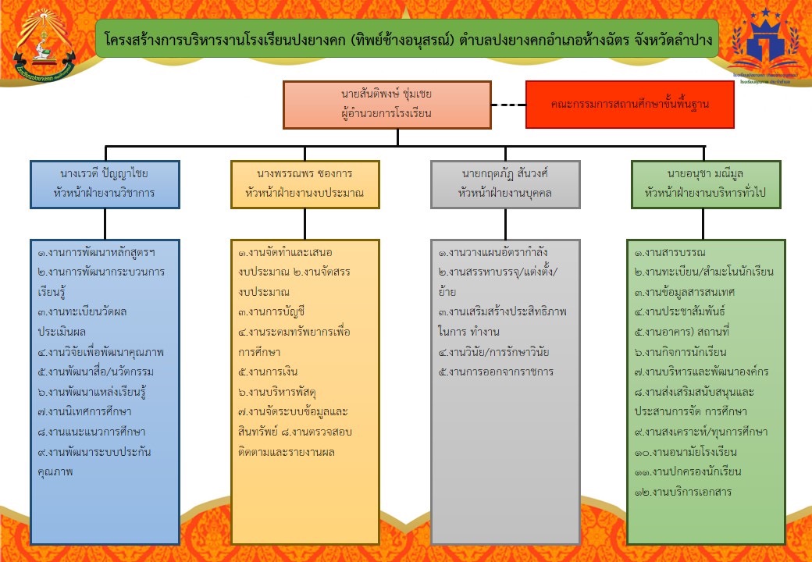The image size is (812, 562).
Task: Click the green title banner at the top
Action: (x=406, y=39)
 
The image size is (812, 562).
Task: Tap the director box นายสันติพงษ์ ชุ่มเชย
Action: (x=386, y=105)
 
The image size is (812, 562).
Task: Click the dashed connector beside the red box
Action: (x=508, y=105)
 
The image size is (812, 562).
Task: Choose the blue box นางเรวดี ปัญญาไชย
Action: (x=105, y=184)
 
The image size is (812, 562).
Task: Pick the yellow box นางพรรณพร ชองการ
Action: (x=305, y=184)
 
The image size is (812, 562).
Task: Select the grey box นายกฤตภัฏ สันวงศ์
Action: (x=505, y=184)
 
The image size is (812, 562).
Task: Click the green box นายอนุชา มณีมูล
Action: (x=705, y=184)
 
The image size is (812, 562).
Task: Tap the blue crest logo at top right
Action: (x=765, y=43)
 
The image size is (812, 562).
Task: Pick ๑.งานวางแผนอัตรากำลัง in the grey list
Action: (x=493, y=252)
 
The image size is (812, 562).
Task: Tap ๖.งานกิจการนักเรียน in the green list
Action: (x=682, y=352)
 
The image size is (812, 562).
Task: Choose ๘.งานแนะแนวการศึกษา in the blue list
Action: (x=91, y=432)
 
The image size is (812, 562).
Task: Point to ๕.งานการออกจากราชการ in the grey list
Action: (x=496, y=372)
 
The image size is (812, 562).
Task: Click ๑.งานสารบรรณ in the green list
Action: (x=671, y=252)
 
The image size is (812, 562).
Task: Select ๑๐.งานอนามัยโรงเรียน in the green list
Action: (x=686, y=452)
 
